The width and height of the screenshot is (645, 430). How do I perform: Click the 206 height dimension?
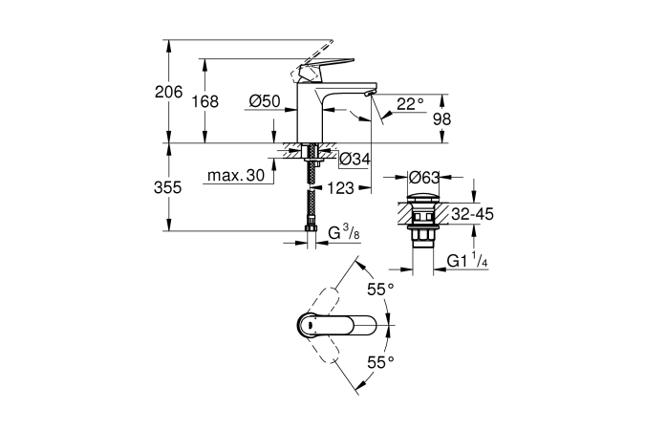tap(167, 92)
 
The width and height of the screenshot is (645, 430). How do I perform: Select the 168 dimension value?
tap(205, 101)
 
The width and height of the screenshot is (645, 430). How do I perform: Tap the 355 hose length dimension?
tap(167, 188)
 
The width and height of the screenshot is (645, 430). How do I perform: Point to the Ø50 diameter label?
tap(263, 101)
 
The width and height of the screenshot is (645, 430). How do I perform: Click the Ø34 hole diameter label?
tap(355, 159)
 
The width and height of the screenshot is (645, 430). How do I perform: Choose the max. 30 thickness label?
tap(236, 176)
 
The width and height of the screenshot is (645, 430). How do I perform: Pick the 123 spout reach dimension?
tap(338, 188)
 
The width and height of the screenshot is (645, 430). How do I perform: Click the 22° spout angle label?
tap(409, 105)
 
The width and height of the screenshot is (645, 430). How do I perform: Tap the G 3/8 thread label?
tap(342, 232)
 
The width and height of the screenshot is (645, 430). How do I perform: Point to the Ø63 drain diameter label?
tap(423, 177)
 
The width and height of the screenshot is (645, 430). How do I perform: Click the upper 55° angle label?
tap(382, 289)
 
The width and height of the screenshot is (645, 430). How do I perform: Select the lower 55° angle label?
tap(382, 362)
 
